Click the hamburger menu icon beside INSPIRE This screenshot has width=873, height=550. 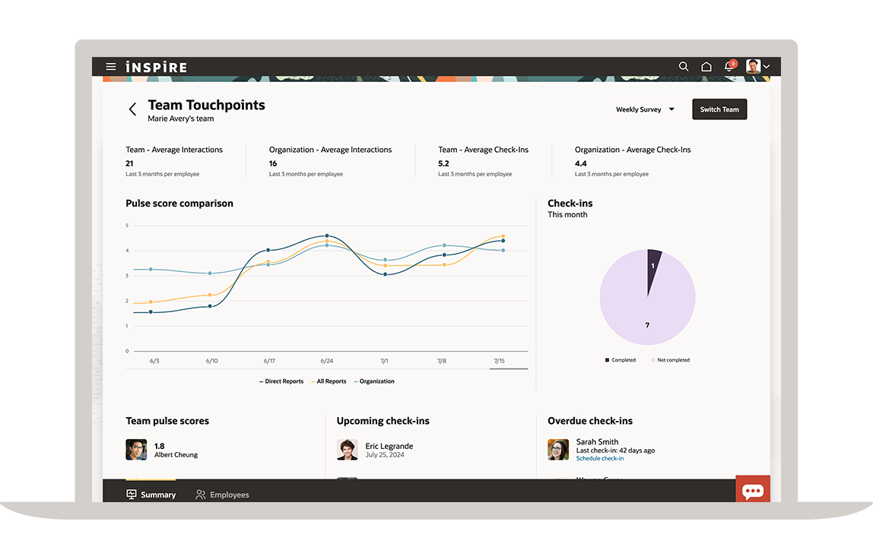(x=111, y=67)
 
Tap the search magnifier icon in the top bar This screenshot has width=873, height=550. (x=684, y=67)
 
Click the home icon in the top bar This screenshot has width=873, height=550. (x=706, y=67)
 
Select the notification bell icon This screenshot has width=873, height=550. (x=729, y=67)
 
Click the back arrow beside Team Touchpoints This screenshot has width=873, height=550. (x=132, y=109)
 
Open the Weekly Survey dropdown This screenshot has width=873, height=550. (x=645, y=109)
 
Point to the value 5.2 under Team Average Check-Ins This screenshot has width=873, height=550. (x=443, y=163)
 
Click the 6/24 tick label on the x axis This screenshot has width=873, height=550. (x=326, y=361)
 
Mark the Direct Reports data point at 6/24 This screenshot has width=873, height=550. (x=327, y=235)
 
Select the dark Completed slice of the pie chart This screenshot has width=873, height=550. (x=653, y=266)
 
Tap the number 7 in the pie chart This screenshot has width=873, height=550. (x=647, y=325)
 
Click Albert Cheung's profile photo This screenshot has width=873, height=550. (x=136, y=450)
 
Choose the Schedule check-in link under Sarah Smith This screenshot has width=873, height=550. (x=600, y=459)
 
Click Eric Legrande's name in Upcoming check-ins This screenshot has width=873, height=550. (x=389, y=446)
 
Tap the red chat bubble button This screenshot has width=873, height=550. (x=753, y=491)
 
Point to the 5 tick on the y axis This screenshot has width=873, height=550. (x=127, y=226)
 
